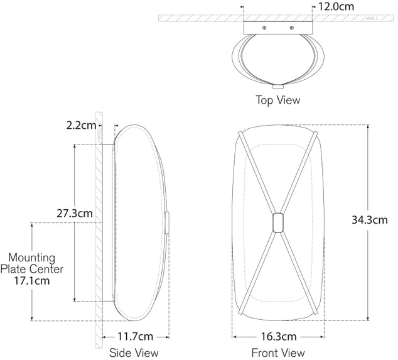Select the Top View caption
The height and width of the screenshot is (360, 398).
277,100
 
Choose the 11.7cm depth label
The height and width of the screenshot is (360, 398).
135,337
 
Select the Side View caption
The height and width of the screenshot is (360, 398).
134,352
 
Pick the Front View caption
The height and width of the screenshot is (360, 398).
277,352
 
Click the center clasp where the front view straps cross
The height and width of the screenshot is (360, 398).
277,224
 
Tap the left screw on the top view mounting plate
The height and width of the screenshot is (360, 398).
265,28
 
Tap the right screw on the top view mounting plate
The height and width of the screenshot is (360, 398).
291,28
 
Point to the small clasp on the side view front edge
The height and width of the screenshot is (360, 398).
168,224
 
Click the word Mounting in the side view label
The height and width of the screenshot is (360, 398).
32,258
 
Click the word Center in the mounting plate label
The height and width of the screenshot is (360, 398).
48,269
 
